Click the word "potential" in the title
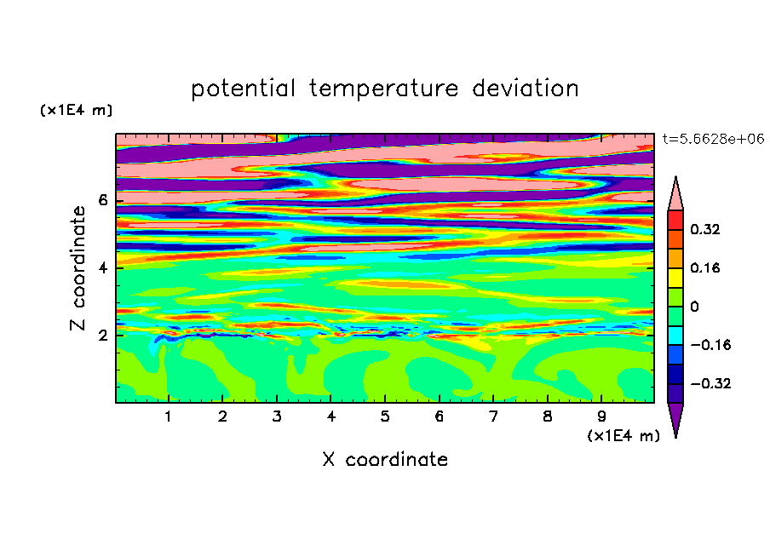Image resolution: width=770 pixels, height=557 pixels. [243, 89]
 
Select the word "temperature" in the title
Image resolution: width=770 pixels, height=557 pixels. [383, 89]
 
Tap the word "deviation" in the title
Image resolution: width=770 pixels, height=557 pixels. [526, 89]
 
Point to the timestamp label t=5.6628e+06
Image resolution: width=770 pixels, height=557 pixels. [713, 139]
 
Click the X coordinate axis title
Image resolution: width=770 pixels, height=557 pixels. [385, 459]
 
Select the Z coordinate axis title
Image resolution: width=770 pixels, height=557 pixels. [78, 268]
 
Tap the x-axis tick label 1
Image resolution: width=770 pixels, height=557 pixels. [168, 416]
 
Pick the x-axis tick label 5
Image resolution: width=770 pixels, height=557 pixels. [385, 416]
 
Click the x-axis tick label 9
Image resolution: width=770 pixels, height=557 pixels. [601, 416]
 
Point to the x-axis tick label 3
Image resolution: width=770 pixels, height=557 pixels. [277, 416]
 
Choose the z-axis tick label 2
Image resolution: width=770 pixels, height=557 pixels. [102, 336]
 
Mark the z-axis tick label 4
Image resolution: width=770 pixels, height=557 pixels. [102, 268]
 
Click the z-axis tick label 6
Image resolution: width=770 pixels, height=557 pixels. [102, 200]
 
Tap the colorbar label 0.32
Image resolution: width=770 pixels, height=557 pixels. [705, 229]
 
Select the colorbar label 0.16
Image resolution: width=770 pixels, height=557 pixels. [705, 267]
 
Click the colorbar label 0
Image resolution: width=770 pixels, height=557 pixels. [694, 307]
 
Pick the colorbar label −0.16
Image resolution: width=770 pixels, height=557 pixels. [710, 345]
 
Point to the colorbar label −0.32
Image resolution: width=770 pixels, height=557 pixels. [710, 383]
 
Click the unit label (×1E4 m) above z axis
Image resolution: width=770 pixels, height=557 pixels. [76, 110]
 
